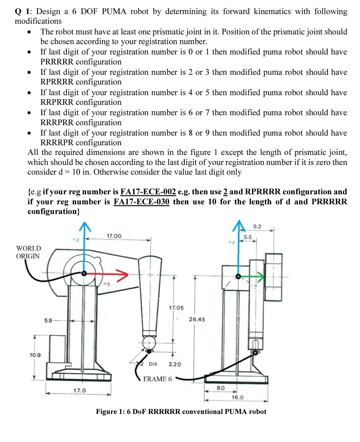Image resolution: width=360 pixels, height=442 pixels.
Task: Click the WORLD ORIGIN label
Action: pyautogui.click(x=28, y=252)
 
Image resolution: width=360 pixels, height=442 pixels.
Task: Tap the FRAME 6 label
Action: pyautogui.click(x=157, y=379)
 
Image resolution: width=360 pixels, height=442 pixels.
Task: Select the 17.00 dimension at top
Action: pyautogui.click(x=114, y=236)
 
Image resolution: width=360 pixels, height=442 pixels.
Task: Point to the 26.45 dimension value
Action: pyautogui.click(x=197, y=319)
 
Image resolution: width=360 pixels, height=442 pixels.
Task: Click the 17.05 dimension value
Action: pyautogui.click(x=176, y=308)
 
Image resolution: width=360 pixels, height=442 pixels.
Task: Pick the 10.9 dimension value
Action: pyautogui.click(x=35, y=355)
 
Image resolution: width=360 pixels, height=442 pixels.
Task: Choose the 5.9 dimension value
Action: pyautogui.click(x=48, y=321)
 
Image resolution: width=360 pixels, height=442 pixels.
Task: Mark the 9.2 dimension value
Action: pyautogui.click(x=257, y=227)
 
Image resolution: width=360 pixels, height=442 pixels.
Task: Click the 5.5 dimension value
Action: pyautogui.click(x=248, y=237)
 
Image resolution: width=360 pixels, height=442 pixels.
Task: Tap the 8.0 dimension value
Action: pyautogui.click(x=221, y=388)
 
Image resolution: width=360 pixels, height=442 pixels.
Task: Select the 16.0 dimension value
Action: pyautogui.click(x=237, y=397)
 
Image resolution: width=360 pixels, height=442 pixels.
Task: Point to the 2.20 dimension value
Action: pyautogui.click(x=175, y=364)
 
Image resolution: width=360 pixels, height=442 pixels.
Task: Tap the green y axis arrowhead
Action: pyautogui.click(x=260, y=276)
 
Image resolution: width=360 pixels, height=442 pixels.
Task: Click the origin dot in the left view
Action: pyautogui.click(x=84, y=273)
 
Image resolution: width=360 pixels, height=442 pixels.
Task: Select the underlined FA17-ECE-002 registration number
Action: pyautogui.click(x=148, y=192)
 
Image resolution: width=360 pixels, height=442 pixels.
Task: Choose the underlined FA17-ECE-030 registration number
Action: pyautogui.click(x=141, y=202)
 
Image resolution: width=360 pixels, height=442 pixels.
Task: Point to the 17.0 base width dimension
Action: pyautogui.click(x=79, y=391)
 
